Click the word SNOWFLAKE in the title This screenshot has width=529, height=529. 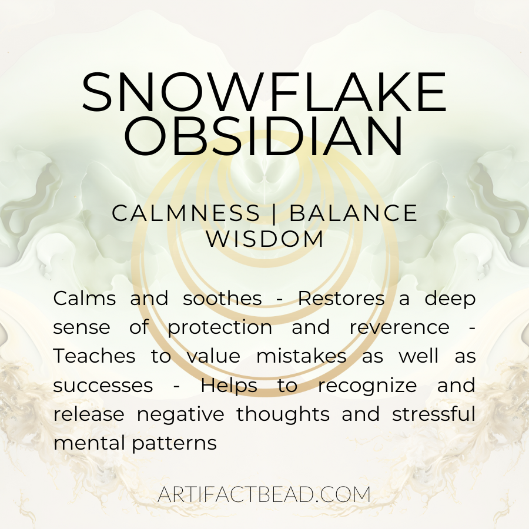264,92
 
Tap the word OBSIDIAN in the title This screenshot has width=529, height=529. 264,136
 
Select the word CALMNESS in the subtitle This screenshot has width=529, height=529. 186,213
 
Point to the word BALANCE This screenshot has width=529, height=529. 353,213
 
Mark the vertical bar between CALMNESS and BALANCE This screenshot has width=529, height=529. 274,213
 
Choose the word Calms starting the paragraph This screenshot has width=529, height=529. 85,298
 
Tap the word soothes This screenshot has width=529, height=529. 222,298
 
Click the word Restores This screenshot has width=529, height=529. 341,298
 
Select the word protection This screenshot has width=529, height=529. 220,328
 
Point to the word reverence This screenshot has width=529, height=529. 400,327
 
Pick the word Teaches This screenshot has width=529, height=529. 95,356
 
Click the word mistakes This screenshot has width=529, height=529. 302,356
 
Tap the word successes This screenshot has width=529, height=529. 103,386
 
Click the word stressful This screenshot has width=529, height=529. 434,414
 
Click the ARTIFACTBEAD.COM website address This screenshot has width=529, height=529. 264,494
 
